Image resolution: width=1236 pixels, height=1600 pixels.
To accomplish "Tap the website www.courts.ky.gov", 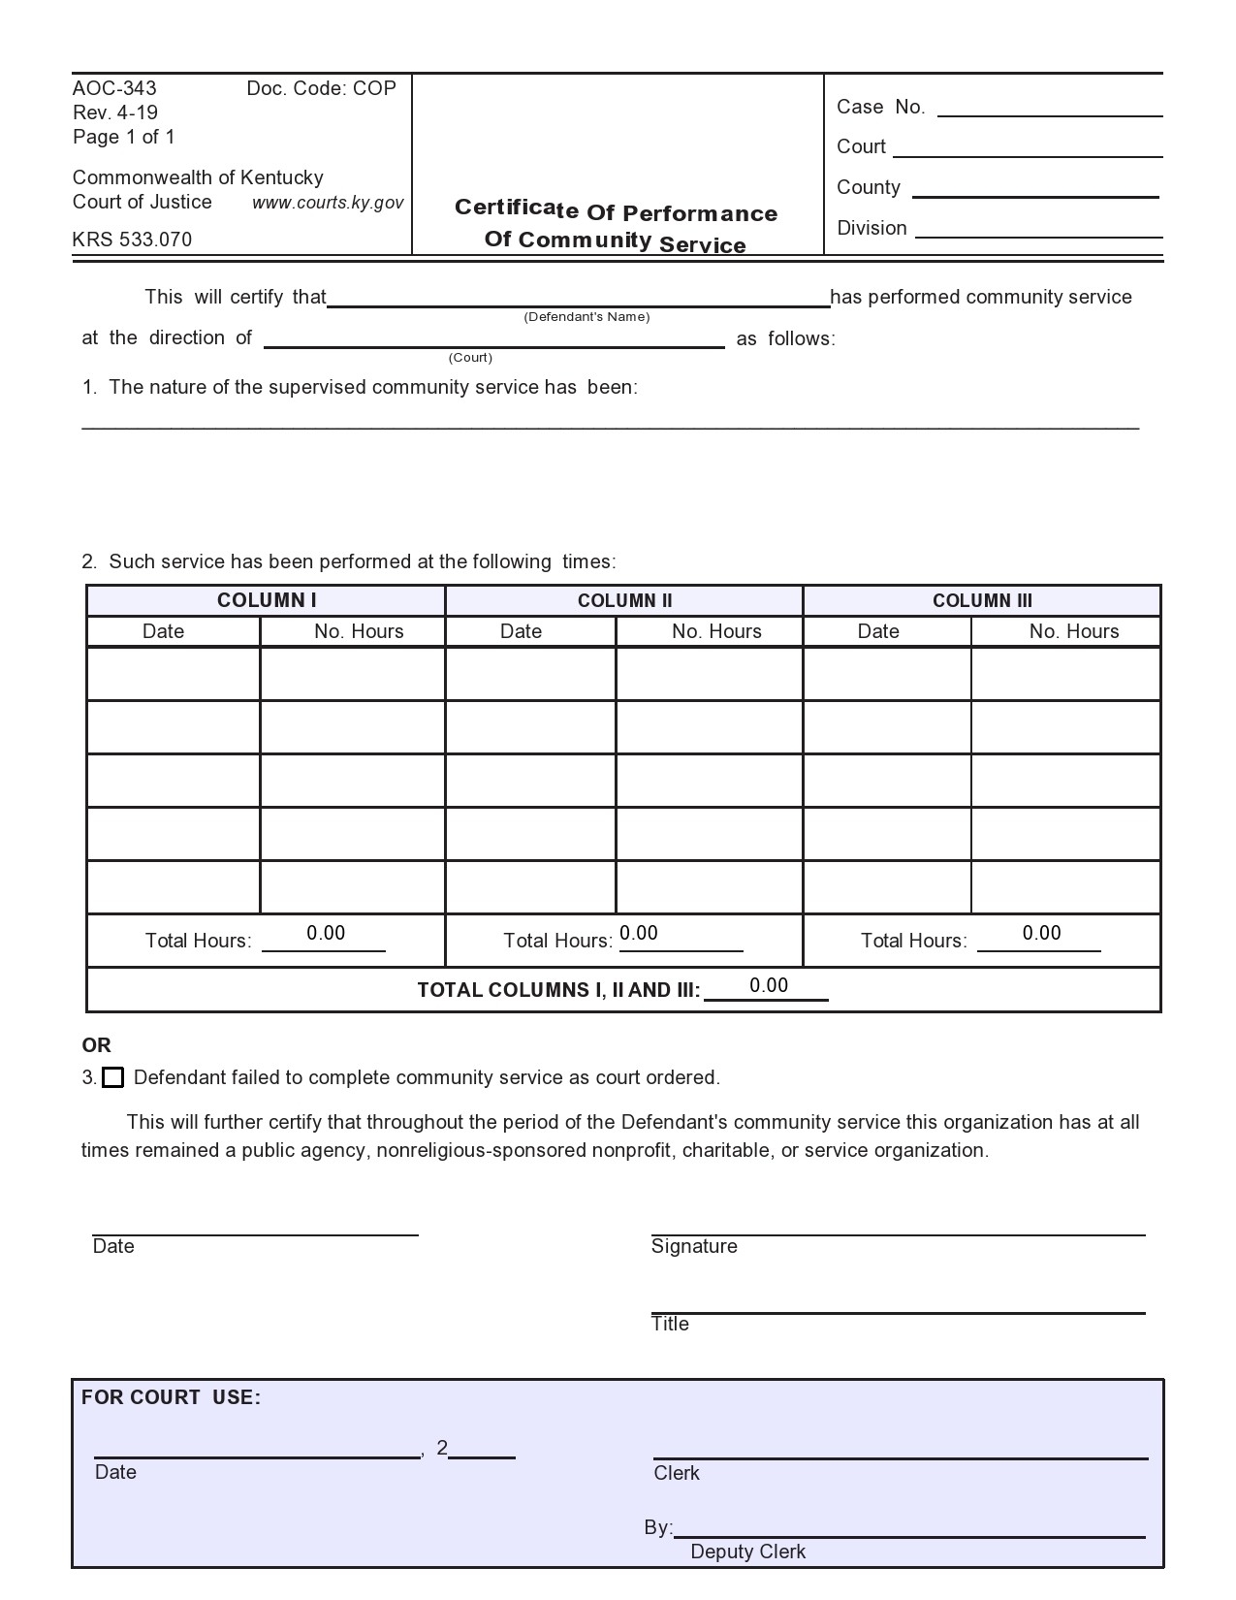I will click(x=328, y=203).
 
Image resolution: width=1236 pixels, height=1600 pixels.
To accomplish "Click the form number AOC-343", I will click(x=114, y=88).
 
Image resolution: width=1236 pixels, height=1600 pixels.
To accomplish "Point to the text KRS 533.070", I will click(x=132, y=240).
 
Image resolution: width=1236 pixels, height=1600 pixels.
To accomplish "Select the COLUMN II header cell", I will click(x=624, y=600).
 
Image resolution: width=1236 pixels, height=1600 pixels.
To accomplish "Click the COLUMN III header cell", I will click(x=982, y=600).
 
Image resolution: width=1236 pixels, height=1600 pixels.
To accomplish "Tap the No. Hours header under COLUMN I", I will click(x=359, y=631).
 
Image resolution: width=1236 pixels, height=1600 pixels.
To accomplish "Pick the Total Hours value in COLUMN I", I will click(x=326, y=933).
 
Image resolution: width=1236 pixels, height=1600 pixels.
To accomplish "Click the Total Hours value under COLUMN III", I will click(x=1041, y=933).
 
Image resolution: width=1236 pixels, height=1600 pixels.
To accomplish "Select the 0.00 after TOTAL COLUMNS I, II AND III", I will click(x=768, y=985).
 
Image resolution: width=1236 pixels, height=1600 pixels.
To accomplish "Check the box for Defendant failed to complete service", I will click(x=113, y=1077).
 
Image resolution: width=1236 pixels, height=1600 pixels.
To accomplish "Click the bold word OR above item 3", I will click(x=96, y=1045).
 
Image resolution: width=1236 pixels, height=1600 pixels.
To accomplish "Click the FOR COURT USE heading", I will click(x=171, y=1397).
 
